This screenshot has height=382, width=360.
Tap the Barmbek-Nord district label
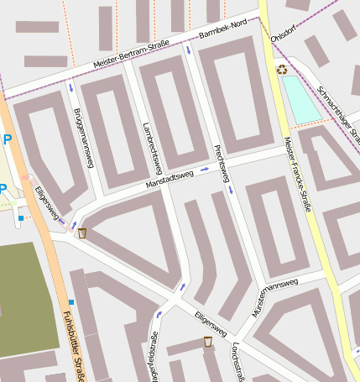(222, 30)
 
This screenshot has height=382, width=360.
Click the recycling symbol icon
(282, 71)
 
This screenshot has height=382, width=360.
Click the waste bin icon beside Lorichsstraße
(207, 341)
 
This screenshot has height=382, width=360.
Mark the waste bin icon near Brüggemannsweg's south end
(82, 233)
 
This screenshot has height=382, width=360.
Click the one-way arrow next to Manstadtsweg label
(203, 169)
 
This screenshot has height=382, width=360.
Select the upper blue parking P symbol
(7, 140)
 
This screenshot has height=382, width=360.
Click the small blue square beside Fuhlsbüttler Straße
(71, 301)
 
